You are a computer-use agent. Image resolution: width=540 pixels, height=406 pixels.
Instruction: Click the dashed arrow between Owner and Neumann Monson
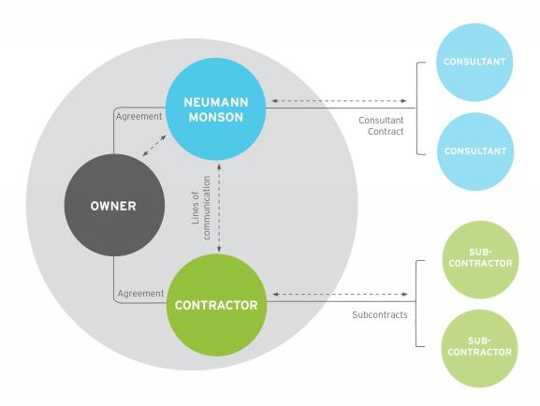point(153,149)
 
